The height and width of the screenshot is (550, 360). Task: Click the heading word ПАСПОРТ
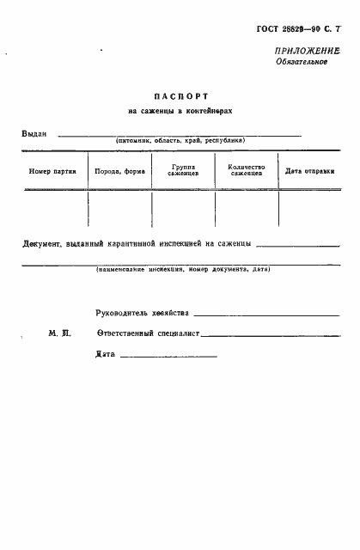click(180, 96)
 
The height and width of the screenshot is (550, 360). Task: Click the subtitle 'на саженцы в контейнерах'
click(180, 112)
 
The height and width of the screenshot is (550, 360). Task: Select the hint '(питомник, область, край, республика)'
click(180, 141)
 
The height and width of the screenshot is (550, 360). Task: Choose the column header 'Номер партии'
click(53, 171)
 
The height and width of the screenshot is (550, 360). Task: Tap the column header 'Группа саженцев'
click(184, 170)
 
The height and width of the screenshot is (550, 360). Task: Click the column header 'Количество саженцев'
click(247, 170)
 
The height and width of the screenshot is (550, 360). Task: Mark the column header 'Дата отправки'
click(309, 171)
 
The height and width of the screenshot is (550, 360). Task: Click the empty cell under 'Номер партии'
click(53, 208)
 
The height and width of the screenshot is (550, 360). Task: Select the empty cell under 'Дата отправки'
click(309, 208)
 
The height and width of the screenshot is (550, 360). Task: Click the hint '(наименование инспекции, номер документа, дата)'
click(183, 269)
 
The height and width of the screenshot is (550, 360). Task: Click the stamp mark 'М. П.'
click(58, 333)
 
